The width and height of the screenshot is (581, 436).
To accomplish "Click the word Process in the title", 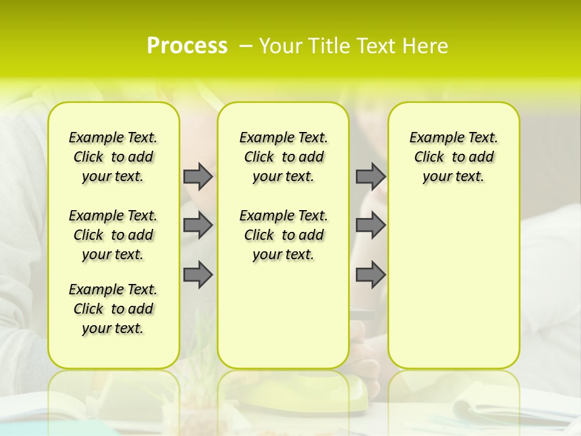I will coord(187,45).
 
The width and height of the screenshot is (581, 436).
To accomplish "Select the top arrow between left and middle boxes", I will coord(198,176).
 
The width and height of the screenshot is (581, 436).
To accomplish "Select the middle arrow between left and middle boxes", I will coord(198,225).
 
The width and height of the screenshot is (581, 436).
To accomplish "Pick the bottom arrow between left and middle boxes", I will coord(198,275).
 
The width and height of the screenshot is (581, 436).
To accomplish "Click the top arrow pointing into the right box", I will coord(370,176).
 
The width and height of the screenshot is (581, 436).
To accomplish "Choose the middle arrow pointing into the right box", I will coord(370,225).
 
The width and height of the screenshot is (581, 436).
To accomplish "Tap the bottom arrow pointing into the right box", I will coord(370,275).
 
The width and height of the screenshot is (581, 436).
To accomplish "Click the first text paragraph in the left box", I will coord(113,157).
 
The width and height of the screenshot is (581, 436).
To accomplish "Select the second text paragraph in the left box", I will coord(113,235).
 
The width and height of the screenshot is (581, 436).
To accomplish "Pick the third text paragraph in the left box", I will coord(113,309).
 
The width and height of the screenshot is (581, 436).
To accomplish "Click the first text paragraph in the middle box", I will coord(283,157).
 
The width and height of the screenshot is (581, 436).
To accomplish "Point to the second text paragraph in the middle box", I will coord(283,235).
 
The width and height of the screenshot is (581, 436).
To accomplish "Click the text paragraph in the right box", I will coord(453,157).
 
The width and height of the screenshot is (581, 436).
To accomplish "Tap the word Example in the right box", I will coord(432,138).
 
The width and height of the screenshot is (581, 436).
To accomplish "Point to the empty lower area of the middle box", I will coord(283,315).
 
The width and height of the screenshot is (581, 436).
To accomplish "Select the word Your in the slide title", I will coord(279,45).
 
